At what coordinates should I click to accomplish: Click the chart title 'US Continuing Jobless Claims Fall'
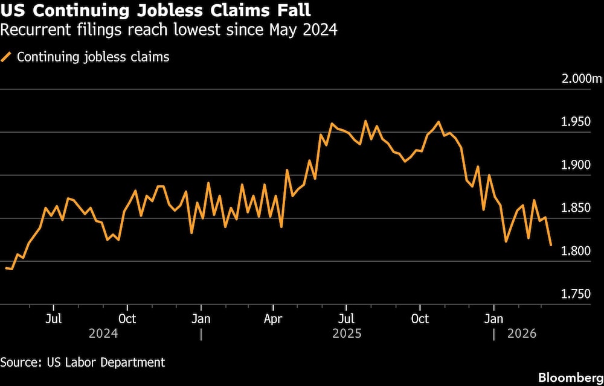click(156, 10)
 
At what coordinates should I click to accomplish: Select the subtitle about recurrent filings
click(169, 29)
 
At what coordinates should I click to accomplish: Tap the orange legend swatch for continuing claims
click(7, 57)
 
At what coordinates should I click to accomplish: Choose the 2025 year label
click(347, 333)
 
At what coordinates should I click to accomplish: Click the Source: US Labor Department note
click(83, 362)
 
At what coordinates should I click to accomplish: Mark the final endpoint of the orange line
click(551, 245)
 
